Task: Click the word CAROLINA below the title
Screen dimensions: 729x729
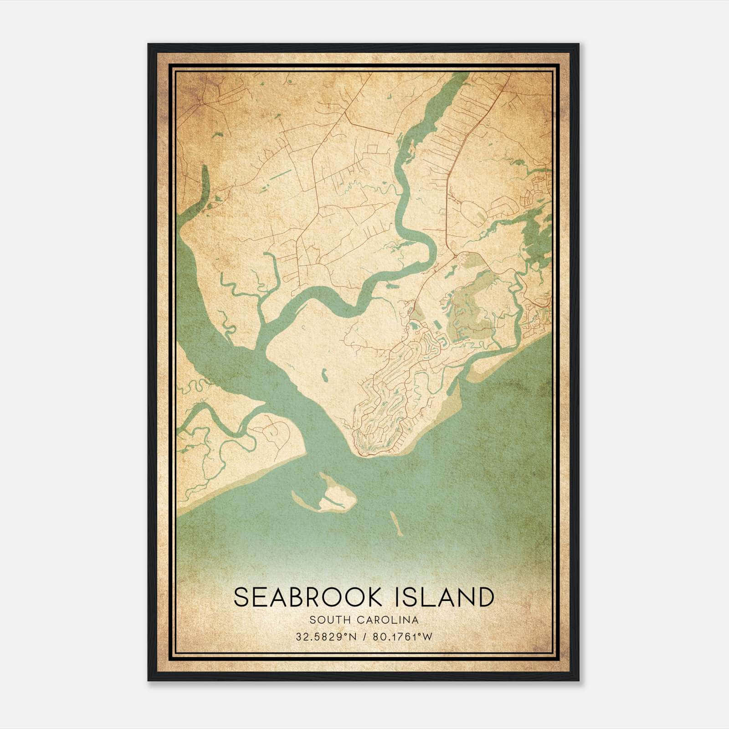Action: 389,620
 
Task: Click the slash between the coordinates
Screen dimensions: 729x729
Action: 365,637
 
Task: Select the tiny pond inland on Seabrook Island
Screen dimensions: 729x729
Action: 324,375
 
